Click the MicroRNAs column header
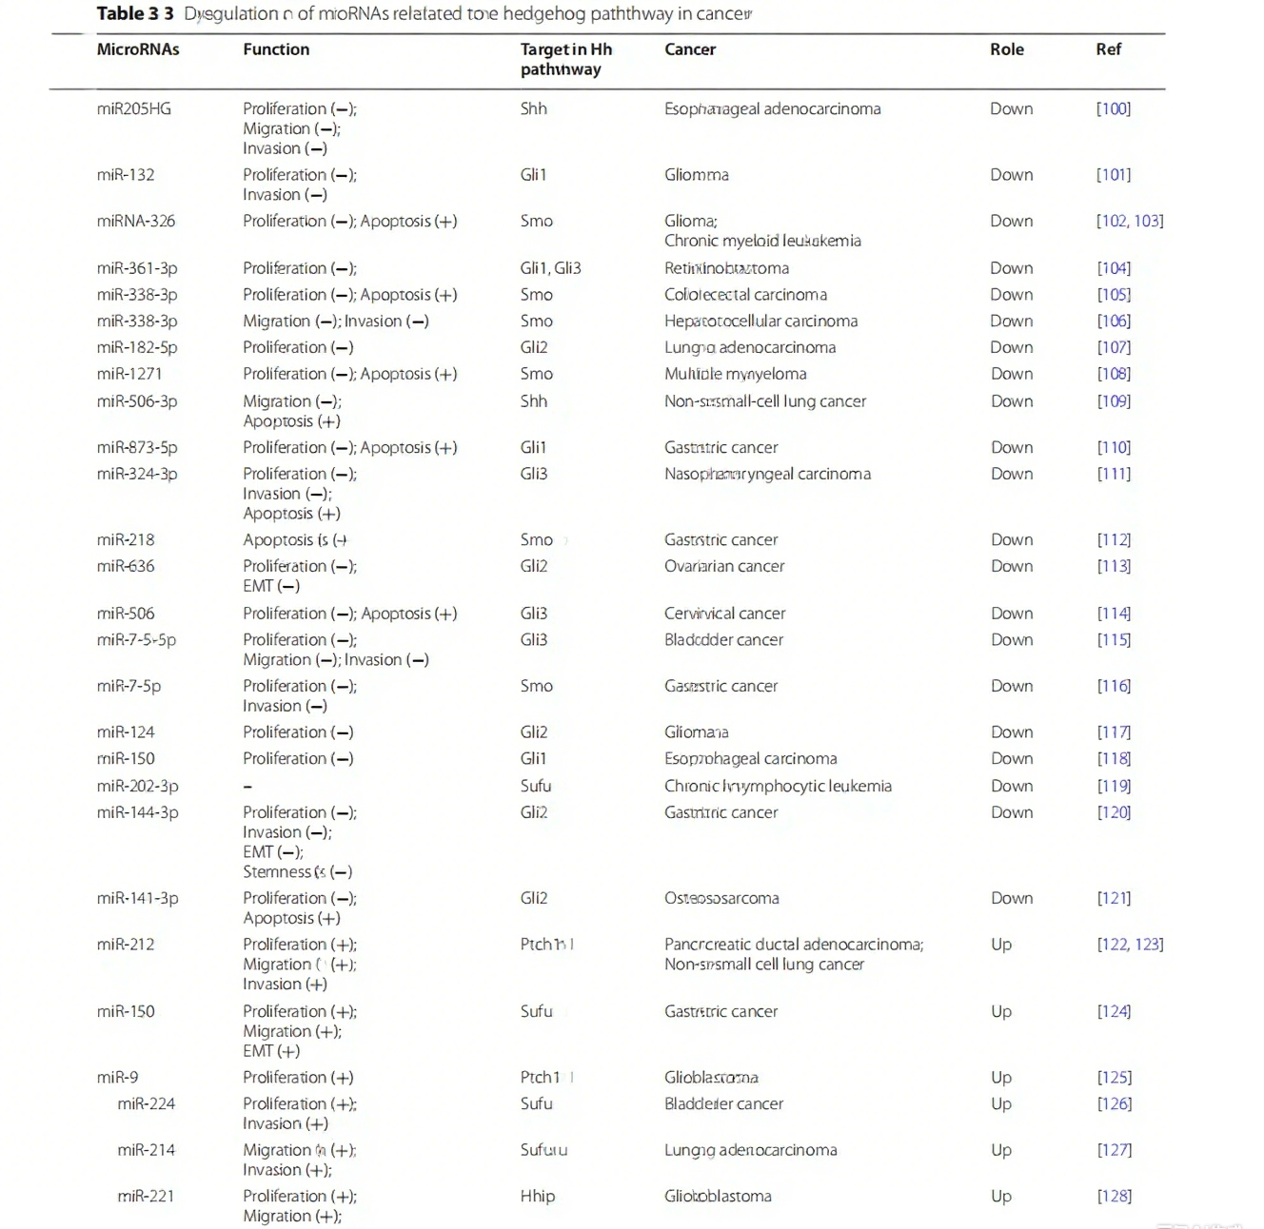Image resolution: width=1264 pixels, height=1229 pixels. point(138,49)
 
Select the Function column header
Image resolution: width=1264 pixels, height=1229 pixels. point(276,49)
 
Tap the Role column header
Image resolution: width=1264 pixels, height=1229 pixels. point(1006,49)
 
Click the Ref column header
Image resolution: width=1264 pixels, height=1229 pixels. point(1108,49)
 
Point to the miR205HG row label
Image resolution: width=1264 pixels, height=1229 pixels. point(134,108)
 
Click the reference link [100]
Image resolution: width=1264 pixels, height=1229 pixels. point(1114,108)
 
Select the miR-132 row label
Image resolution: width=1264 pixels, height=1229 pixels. point(126,175)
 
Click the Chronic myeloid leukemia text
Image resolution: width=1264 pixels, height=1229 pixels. point(762,241)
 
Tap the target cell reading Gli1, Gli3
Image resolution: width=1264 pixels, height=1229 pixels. point(550,268)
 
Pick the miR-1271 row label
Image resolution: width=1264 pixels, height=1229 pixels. point(129,374)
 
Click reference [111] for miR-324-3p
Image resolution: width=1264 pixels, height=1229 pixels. point(1114,474)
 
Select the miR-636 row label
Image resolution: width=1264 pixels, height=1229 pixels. point(126,566)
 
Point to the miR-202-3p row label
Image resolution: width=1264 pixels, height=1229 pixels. point(138,786)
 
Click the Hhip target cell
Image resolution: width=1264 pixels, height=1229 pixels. point(538,1196)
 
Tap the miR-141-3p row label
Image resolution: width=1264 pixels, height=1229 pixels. point(138,898)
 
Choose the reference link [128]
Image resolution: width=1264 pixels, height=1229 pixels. point(1114,1196)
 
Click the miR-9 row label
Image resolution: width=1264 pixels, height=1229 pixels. point(118,1077)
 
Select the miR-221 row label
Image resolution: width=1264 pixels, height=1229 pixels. point(147,1196)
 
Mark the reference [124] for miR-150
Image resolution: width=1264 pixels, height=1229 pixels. point(1114,1011)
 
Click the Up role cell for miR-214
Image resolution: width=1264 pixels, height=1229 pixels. point(1001,1150)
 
